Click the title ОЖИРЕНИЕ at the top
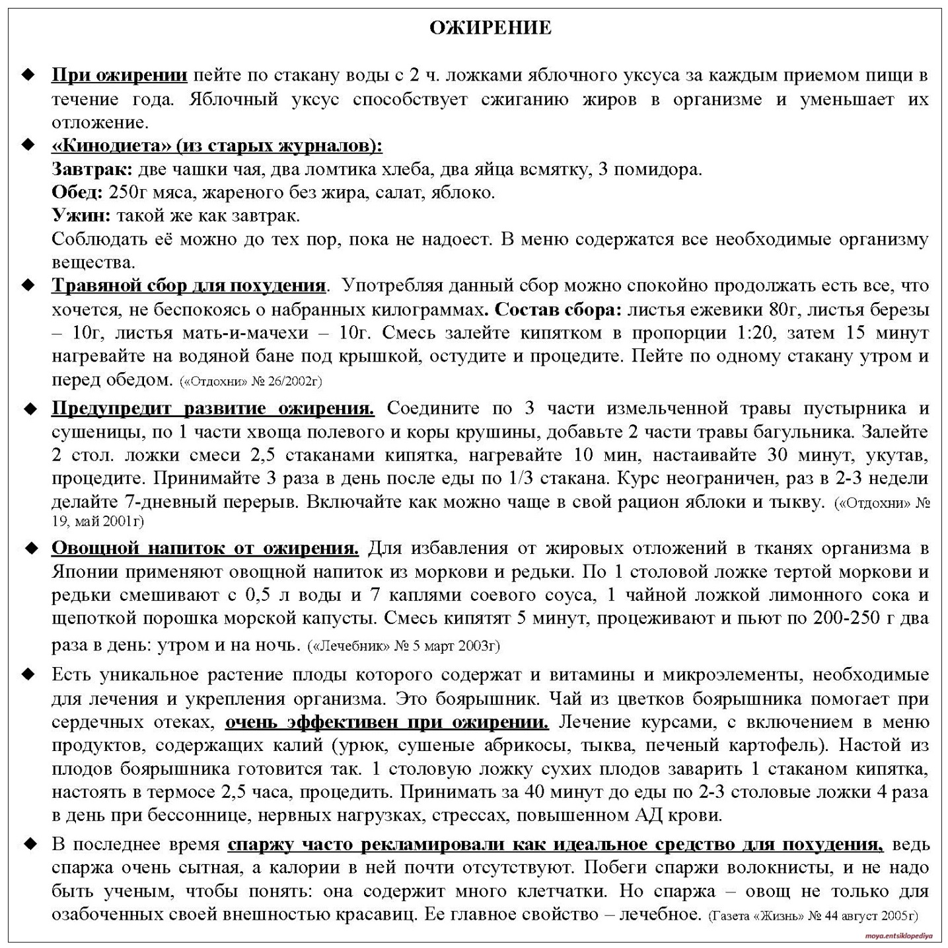[490, 28]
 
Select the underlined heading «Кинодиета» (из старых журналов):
[217, 145]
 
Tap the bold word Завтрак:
[92, 169]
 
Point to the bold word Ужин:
[81, 216]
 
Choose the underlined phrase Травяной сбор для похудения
[188, 286]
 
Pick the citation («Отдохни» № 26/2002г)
[250, 381]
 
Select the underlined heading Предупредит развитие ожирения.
[213, 408]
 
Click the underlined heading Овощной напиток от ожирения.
[205, 548]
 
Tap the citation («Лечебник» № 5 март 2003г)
[404, 645]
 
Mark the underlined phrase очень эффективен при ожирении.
[386, 722]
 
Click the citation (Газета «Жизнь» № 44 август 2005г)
[813, 916]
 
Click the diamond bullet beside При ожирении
[28, 75]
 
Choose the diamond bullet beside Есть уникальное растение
[28, 675]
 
